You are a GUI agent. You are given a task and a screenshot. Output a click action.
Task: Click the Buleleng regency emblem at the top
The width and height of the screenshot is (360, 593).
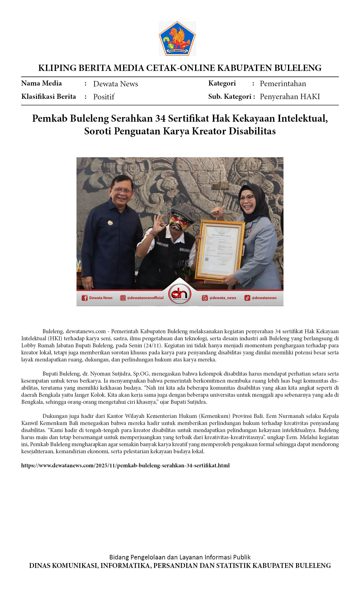177,38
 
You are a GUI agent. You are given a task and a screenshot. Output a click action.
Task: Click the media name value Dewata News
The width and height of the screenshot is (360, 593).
115,84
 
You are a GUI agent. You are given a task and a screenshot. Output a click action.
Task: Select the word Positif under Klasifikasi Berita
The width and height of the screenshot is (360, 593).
104,97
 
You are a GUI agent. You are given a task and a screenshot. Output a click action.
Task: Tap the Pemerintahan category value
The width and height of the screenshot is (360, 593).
283,84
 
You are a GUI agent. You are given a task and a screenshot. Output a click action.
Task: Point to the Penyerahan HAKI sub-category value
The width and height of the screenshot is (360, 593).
290,97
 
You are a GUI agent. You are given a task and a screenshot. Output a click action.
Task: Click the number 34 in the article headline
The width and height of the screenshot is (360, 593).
160,118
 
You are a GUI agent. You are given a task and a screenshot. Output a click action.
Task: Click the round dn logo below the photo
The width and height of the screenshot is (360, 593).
180,294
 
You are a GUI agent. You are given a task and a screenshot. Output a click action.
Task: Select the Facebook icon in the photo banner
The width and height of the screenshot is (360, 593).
84,298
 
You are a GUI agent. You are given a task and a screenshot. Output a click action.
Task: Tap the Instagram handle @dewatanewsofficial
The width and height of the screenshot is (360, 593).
145,298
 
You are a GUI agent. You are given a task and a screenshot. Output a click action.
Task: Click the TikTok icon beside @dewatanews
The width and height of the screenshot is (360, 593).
247,298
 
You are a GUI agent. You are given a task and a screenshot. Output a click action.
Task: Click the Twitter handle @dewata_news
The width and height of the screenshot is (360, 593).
222,298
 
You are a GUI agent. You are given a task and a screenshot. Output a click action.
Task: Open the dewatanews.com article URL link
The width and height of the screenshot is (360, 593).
125,465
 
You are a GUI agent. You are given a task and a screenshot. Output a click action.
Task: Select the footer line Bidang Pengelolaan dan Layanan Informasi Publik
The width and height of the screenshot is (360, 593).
180,557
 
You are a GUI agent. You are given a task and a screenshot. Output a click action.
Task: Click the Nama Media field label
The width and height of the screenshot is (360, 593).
42,83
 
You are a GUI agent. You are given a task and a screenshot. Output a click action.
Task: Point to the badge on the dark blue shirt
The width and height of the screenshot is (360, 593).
110,223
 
